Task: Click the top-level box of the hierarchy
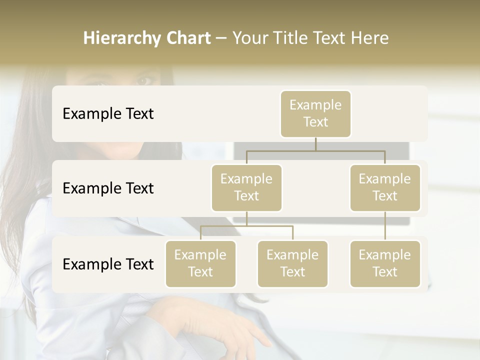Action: [315, 113]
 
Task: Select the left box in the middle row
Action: [246, 187]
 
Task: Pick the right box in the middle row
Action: [385, 187]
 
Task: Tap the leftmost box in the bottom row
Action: [200, 263]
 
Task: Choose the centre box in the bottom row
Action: [292, 263]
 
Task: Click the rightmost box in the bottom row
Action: [385, 263]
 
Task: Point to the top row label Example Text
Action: [108, 114]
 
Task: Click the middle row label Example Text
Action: [108, 188]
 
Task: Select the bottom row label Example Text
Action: [108, 264]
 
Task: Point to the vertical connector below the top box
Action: [315, 144]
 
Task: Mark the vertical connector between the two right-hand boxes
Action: [385, 226]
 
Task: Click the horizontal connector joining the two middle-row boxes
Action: [315, 150]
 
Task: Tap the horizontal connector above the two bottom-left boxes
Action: [246, 226]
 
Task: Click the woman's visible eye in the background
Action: [144, 79]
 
